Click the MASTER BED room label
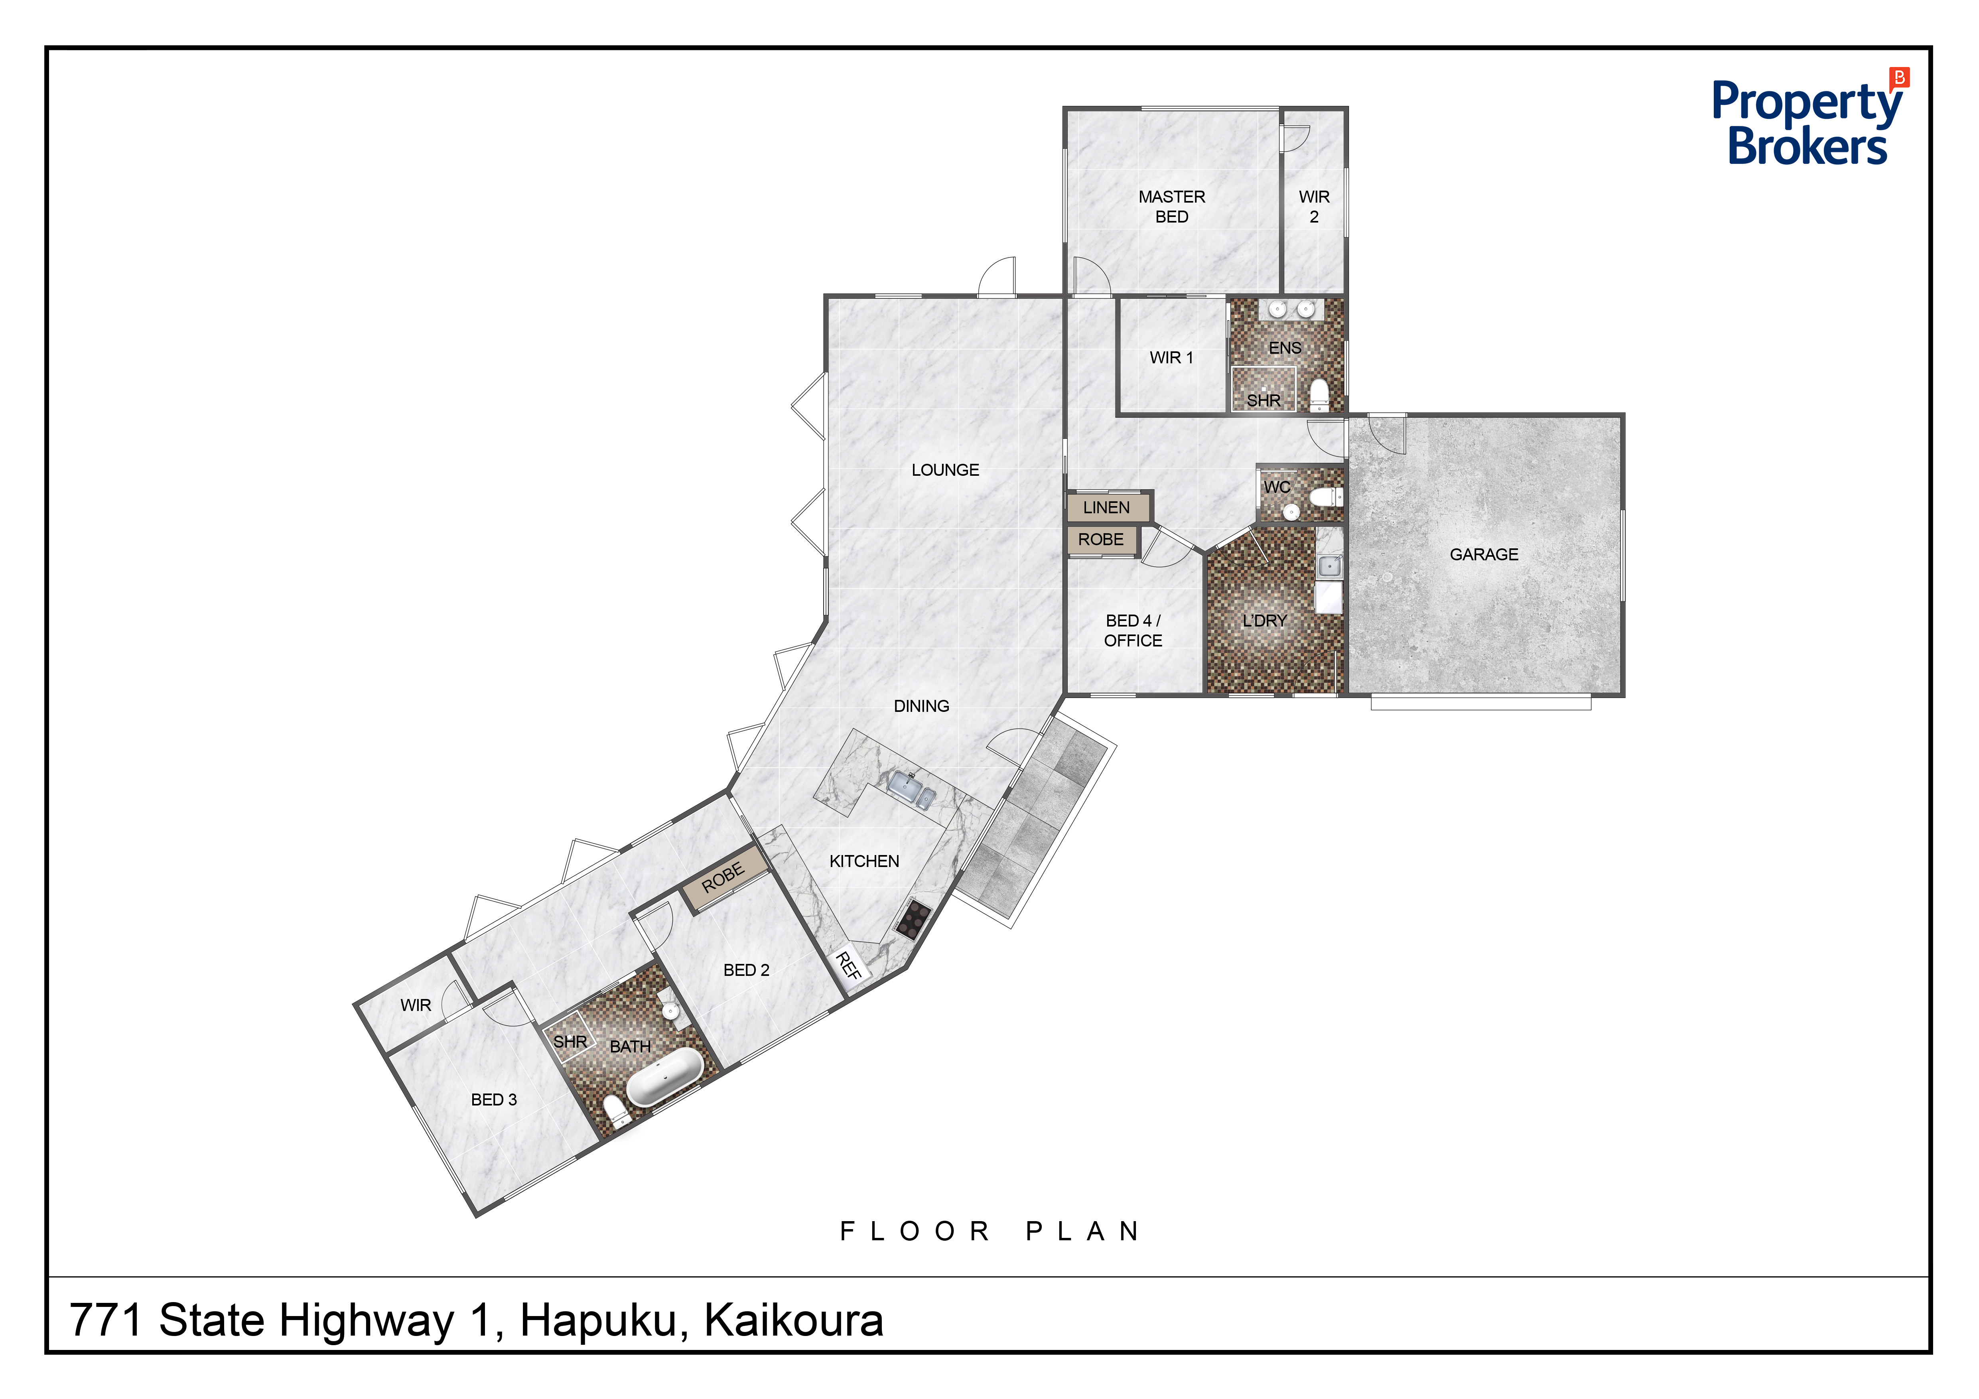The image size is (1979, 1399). [1171, 207]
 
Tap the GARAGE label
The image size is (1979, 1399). [1483, 554]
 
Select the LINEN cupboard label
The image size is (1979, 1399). [1106, 508]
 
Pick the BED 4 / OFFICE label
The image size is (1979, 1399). [1133, 630]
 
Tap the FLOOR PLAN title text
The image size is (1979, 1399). [990, 1231]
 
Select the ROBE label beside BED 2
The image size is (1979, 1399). [723, 877]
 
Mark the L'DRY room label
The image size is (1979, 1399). [1263, 621]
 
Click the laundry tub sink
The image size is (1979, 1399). [1329, 566]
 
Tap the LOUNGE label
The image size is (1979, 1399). [945, 470]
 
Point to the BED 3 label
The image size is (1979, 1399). [494, 1100]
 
